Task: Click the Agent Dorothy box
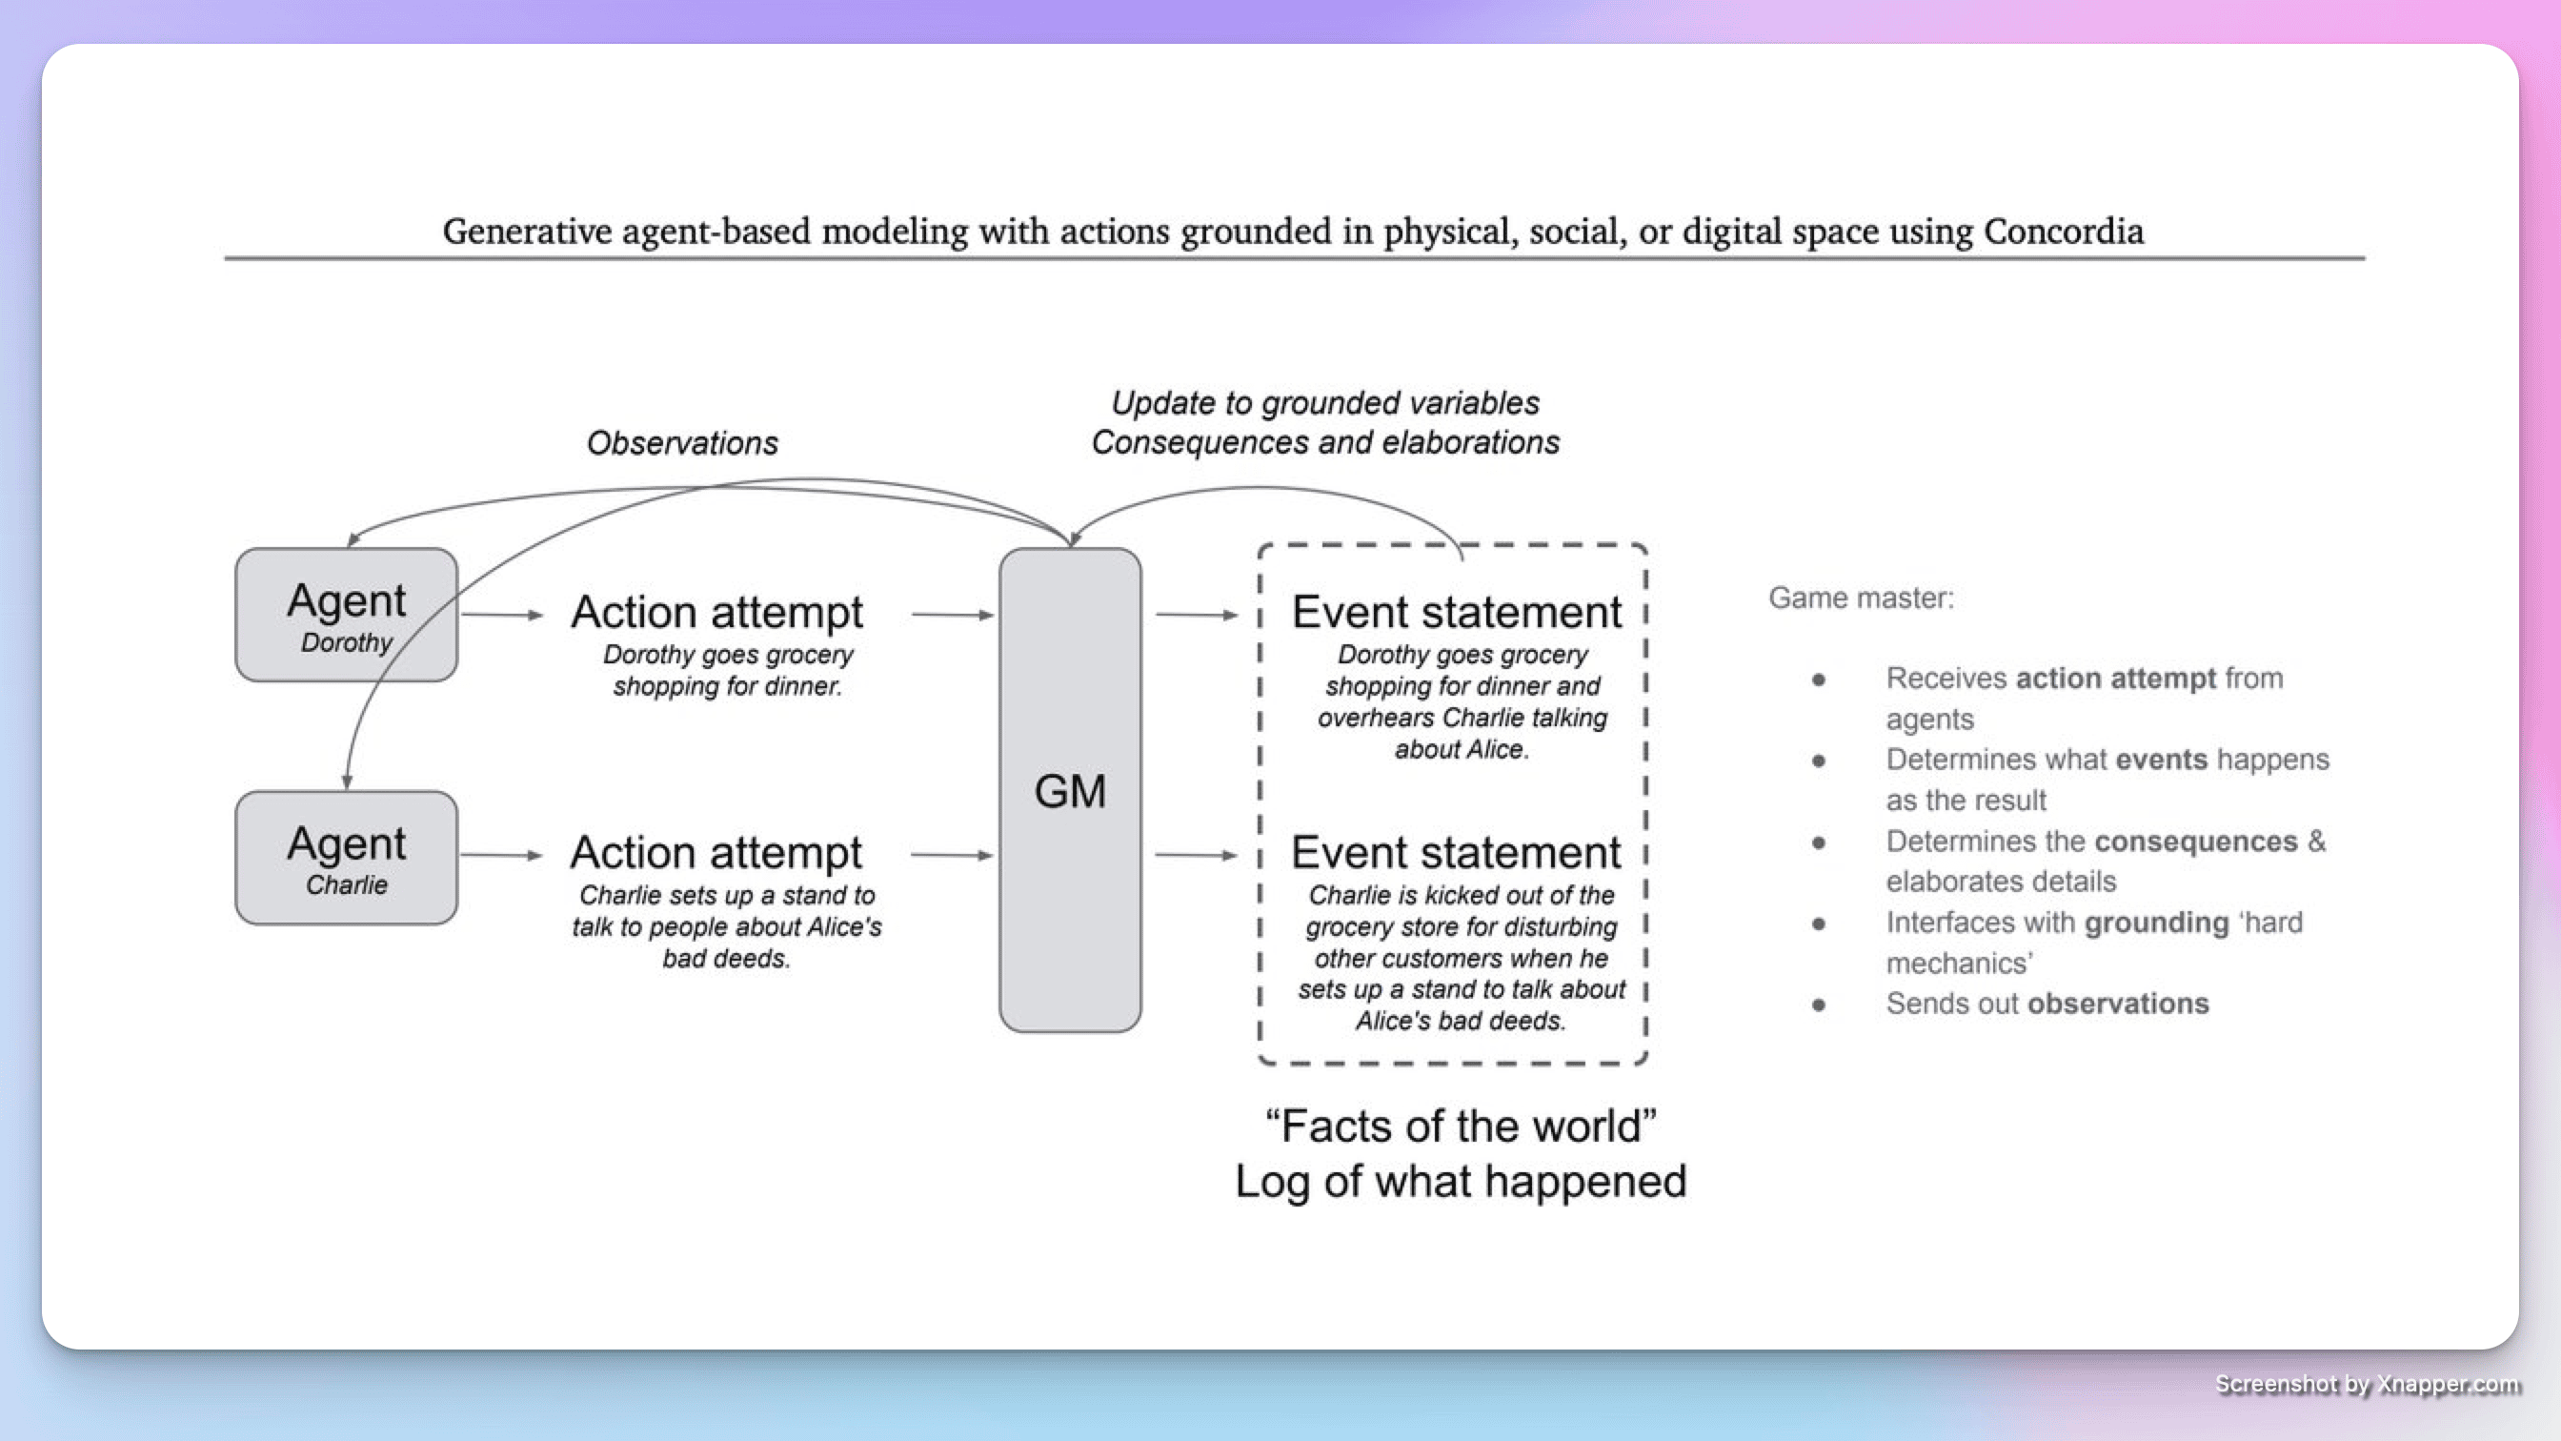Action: (x=346, y=615)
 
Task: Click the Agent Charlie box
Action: (x=346, y=857)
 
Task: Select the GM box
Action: (x=1070, y=790)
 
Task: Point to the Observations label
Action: (x=682, y=442)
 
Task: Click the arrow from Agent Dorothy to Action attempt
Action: (x=502, y=615)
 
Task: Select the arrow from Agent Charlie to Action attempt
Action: (x=502, y=855)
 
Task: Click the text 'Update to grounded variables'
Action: (x=1324, y=403)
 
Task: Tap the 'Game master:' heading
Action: (x=1860, y=598)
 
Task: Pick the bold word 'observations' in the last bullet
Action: (x=2118, y=1004)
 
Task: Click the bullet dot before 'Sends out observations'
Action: (x=1819, y=1005)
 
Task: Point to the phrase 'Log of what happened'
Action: (x=1461, y=1182)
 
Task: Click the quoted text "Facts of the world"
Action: (x=1461, y=1126)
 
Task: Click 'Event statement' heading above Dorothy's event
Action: (x=1457, y=612)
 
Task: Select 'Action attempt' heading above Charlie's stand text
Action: (x=716, y=852)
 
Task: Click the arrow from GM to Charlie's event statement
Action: (x=1196, y=855)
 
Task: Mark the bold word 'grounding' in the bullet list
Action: (x=2155, y=923)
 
